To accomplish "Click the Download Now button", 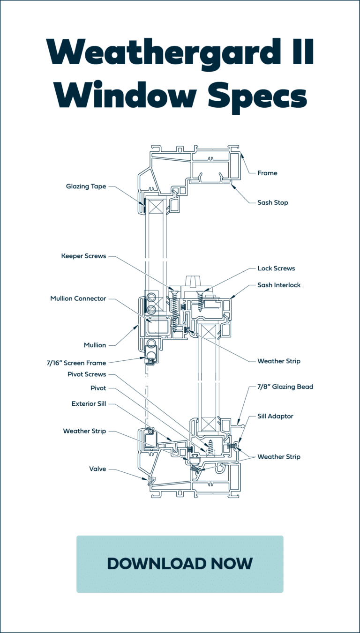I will (x=180, y=564).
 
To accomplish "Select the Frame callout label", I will (x=267, y=173).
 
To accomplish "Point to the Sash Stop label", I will (x=273, y=203).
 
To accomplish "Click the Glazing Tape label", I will (x=86, y=186).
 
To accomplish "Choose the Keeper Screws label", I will (x=83, y=256).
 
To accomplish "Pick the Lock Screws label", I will (x=276, y=268).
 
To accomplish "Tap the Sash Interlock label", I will (x=279, y=285).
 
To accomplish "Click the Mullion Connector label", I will (x=78, y=298).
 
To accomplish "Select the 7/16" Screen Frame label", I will (x=76, y=363).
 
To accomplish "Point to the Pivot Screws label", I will (x=87, y=374).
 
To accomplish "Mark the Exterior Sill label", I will (x=89, y=403).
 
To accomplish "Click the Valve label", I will (x=97, y=469).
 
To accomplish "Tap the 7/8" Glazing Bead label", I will (x=285, y=387).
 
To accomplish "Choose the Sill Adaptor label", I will (x=275, y=416).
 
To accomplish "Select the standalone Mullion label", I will (x=95, y=345).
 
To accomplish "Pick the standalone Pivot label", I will (x=98, y=388).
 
